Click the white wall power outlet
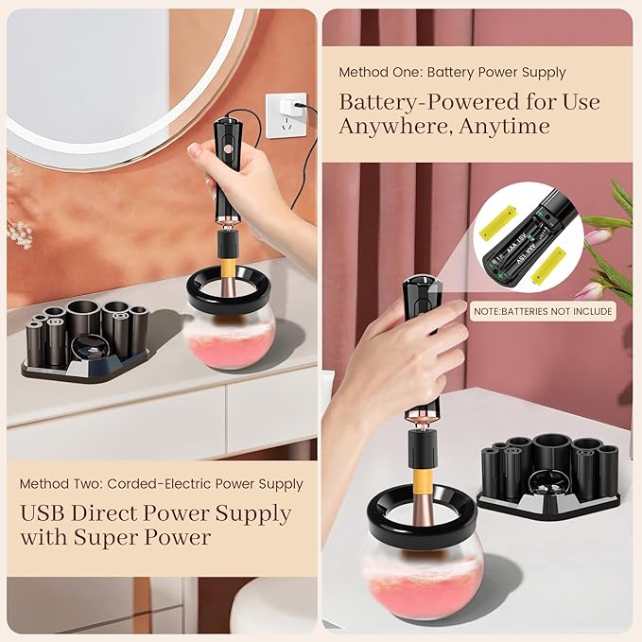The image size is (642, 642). click(286, 111)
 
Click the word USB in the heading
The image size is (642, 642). click(46, 515)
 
